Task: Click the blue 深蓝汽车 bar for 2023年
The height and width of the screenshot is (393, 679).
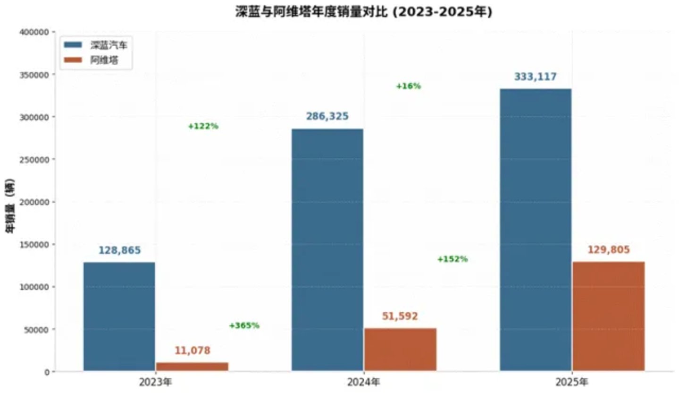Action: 119,316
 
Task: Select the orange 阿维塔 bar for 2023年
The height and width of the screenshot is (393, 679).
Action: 192,367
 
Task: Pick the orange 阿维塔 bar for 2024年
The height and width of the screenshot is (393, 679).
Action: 400,350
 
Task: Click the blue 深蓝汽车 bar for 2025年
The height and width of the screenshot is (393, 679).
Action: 536,230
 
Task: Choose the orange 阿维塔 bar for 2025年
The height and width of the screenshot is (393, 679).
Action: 609,316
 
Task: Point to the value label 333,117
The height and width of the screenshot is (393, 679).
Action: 536,77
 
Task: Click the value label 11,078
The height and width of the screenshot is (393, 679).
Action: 193,351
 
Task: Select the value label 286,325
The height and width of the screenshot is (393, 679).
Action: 327,116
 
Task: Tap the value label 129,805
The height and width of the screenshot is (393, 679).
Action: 609,250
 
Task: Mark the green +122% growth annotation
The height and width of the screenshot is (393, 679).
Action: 203,127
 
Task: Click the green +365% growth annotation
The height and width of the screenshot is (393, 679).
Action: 244,325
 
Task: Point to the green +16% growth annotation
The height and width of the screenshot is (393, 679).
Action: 408,86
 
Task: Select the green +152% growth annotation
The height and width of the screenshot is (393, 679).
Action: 453,259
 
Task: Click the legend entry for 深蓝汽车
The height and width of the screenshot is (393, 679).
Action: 96,45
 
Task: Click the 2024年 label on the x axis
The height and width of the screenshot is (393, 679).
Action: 363,382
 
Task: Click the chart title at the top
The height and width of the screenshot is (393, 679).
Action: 364,12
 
